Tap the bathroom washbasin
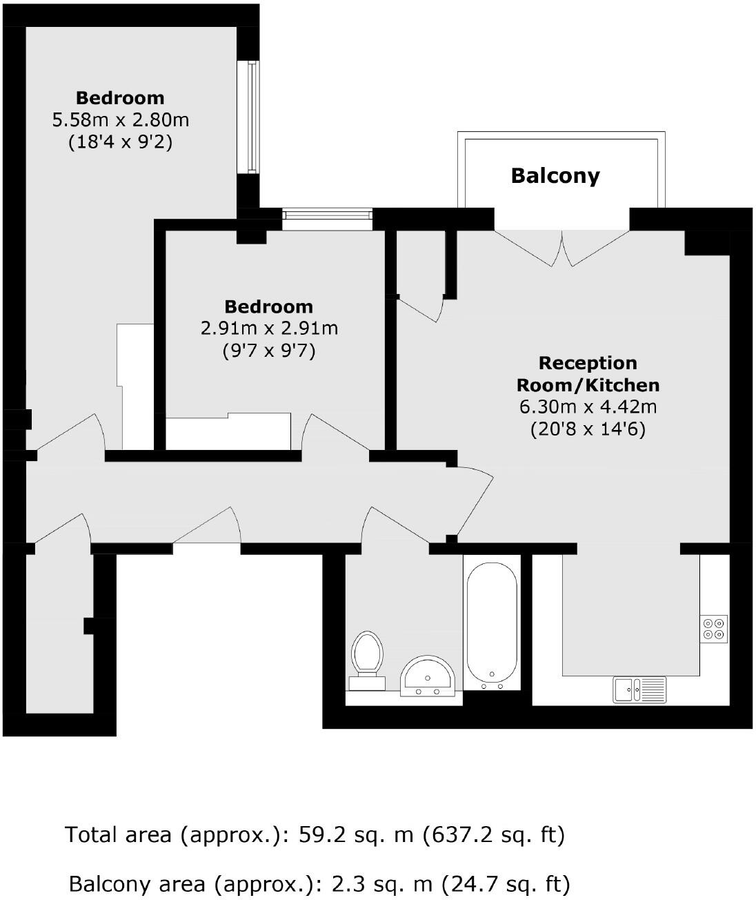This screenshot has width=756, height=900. coord(428,676)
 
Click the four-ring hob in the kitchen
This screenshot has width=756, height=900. coord(714,628)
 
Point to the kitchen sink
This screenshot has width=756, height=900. coord(639,689)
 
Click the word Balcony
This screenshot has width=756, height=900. coord(555,175)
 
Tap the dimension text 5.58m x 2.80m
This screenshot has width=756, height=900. coord(121,120)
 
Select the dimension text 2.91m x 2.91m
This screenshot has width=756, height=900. coord(269,329)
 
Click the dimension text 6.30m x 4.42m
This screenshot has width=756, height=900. coord(588,407)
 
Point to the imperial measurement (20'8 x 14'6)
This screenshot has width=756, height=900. coord(588,429)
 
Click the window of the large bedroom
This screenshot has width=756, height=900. coord(252,117)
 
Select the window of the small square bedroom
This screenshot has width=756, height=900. coord(327,218)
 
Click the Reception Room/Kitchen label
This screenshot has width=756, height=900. coord(588,374)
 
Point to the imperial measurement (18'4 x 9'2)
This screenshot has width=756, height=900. coord(121,143)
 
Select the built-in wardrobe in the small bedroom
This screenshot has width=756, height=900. coord(228,432)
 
